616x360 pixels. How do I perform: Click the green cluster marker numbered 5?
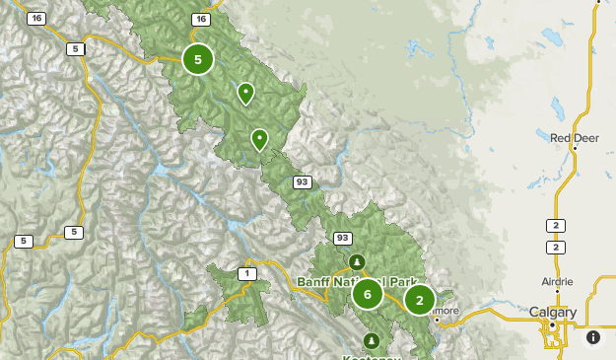[x=198, y=59]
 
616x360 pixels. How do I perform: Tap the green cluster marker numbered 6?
[x=368, y=293]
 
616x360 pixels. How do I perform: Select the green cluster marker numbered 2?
[x=420, y=299]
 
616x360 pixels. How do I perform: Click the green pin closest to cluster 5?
[x=245, y=93]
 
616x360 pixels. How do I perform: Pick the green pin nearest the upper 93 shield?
[x=259, y=139]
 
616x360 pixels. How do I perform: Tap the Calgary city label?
[x=552, y=312]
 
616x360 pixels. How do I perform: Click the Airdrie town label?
[x=557, y=281]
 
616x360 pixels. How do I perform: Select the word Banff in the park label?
[x=315, y=281]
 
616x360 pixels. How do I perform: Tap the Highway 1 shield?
[x=246, y=273]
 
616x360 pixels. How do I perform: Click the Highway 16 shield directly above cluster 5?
[x=201, y=19]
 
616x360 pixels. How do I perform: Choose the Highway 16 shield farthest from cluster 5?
[x=36, y=19]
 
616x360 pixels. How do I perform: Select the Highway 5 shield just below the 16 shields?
[x=75, y=48]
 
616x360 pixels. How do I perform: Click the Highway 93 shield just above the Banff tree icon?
[x=342, y=238]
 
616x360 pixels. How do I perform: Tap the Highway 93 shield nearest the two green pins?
[x=303, y=181]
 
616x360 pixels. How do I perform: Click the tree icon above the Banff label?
[x=356, y=261]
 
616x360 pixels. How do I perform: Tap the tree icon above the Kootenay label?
[x=372, y=340]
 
